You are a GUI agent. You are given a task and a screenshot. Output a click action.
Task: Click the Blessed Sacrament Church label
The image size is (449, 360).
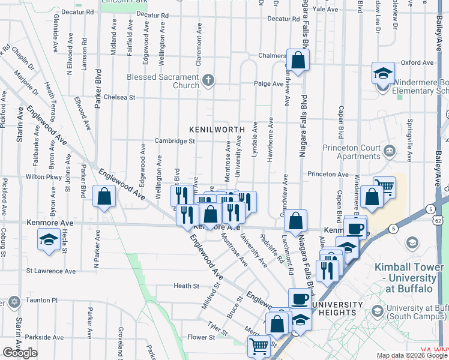click(163, 81)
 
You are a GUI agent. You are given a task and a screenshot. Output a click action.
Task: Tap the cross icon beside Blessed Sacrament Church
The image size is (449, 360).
click(208, 80)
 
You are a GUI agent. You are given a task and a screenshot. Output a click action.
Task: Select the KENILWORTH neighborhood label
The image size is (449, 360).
click(217, 129)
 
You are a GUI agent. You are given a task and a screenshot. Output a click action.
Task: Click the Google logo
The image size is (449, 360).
click(20, 353)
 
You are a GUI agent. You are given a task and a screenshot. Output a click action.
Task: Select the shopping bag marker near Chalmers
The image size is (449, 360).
click(298, 60)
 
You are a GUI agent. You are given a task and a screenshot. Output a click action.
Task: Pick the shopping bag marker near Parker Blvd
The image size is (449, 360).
click(104, 196)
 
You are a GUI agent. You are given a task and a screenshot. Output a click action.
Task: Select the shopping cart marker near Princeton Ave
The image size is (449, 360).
click(384, 188)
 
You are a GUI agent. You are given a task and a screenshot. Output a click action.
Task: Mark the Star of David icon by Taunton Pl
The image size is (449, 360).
click(14, 300)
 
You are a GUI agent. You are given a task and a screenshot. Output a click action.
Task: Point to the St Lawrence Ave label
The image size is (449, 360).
click(51, 271)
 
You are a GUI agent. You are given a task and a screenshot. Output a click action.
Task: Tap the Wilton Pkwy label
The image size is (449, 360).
click(44, 177)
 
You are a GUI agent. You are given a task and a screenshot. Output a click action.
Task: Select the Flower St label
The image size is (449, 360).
click(200, 337)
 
